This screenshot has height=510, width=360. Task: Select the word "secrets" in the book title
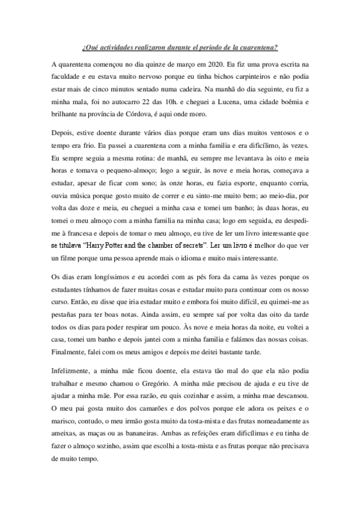[x=189, y=246]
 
